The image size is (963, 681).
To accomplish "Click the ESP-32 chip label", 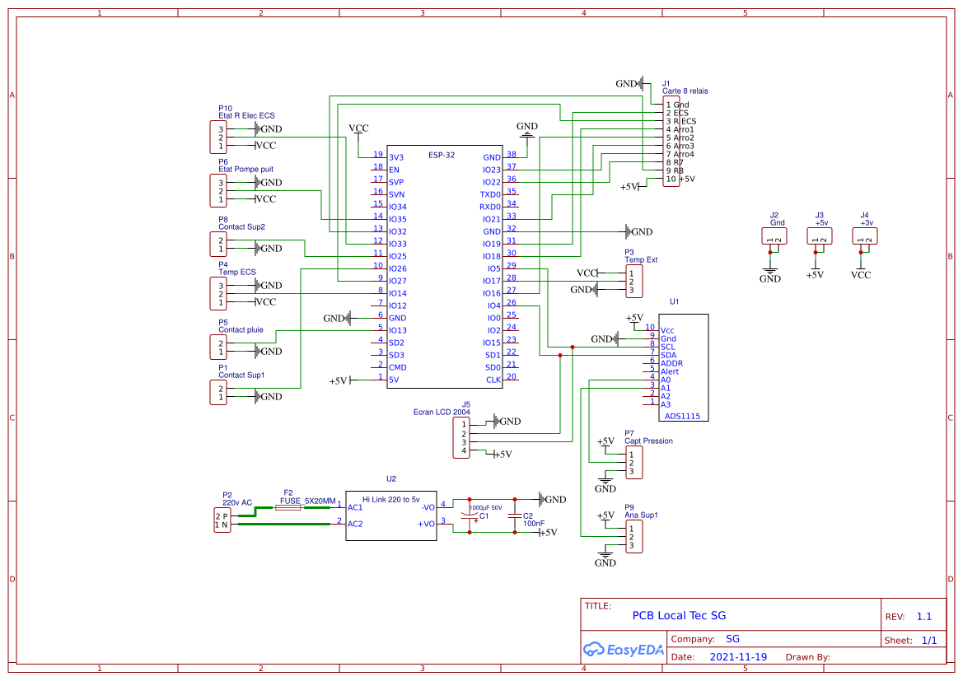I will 441,154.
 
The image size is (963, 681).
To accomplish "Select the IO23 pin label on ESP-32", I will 492,170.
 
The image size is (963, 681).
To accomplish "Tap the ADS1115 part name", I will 682,416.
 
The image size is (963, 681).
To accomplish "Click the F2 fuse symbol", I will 287,509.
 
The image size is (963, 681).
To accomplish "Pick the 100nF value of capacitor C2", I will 534,523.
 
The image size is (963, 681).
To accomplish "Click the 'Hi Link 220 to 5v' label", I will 391,500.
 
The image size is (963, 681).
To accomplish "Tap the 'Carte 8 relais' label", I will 685,91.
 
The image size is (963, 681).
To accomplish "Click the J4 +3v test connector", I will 864,236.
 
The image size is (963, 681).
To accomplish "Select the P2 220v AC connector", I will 222,520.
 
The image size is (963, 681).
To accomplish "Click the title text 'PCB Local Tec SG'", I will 679,615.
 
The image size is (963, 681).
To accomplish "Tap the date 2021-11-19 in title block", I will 738,657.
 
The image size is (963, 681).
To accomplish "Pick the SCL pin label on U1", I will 668,347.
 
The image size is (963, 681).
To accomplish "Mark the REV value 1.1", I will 924,616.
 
